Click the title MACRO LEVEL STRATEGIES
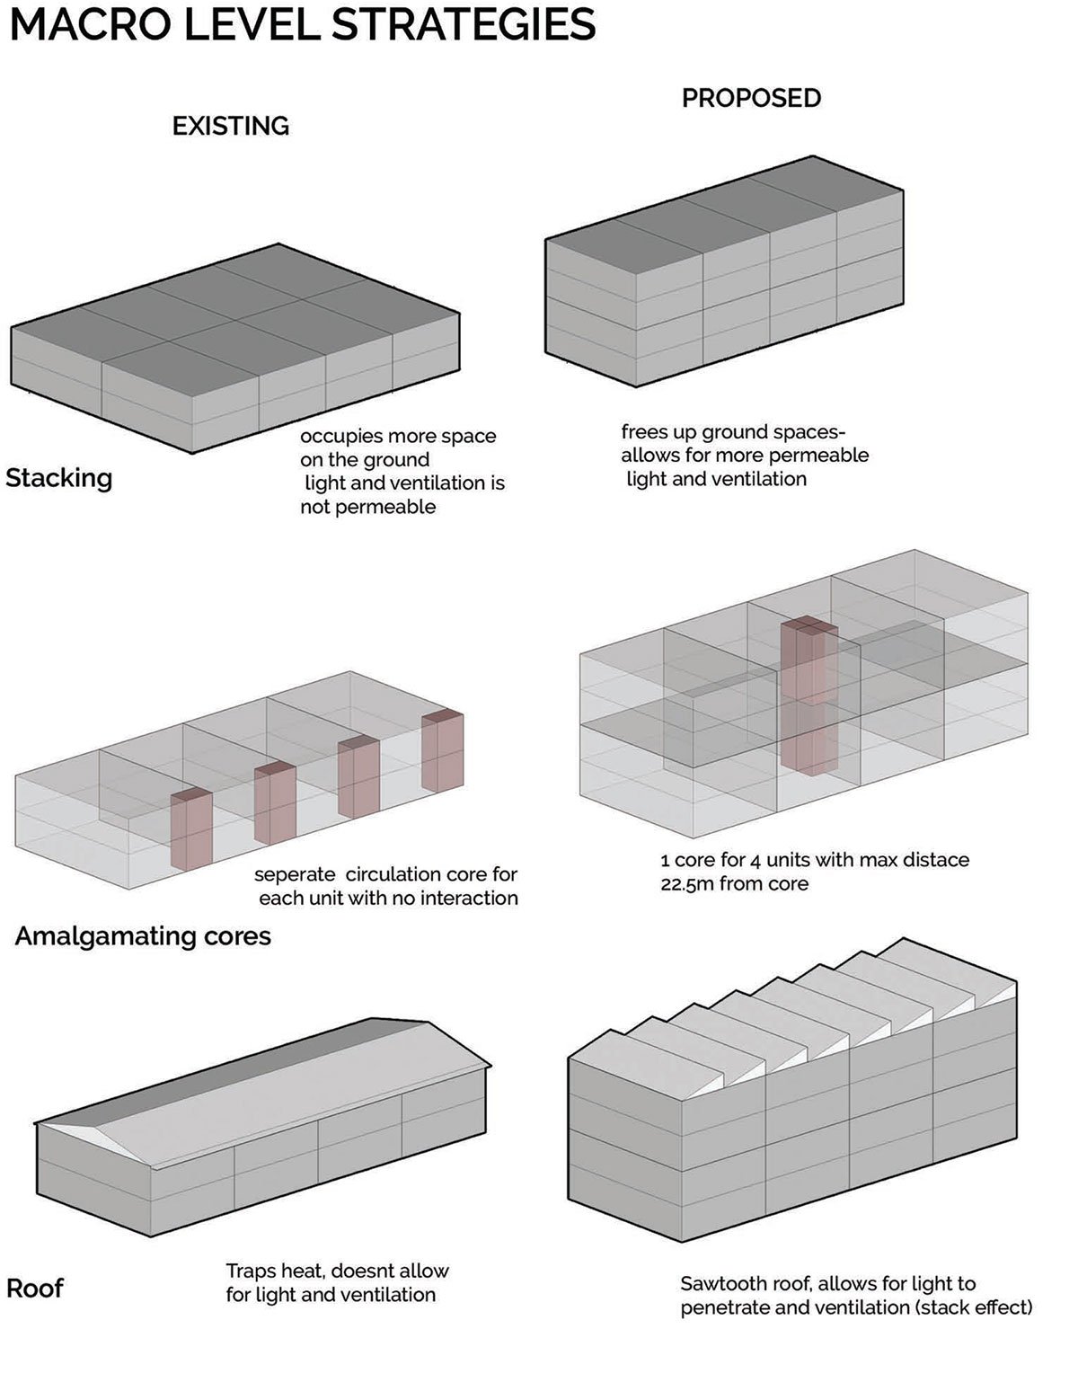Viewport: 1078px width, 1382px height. pos(302,24)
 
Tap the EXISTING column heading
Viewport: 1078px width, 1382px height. pos(231,126)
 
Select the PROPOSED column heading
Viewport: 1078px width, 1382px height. pos(751,98)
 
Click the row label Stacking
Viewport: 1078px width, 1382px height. pos(59,477)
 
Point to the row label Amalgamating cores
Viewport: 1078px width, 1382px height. pos(143,935)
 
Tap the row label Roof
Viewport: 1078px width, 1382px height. pos(35,1288)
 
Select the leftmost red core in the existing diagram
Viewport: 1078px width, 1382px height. pos(190,829)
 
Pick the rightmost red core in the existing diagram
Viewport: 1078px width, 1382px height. pos(443,751)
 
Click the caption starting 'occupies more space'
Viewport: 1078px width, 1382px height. pos(398,437)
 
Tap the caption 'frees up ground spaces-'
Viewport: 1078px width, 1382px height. pos(733,432)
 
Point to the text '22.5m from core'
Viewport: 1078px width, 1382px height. pos(734,883)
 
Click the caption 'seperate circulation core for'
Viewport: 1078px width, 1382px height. pos(386,874)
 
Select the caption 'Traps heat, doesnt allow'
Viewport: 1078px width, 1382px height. pos(337,1271)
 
